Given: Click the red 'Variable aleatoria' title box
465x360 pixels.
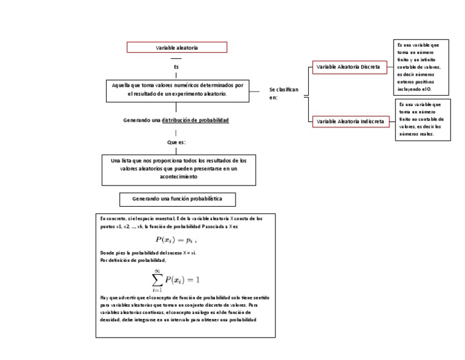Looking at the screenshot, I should coord(177,47).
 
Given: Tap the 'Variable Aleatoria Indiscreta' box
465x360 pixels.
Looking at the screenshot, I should coord(351,121).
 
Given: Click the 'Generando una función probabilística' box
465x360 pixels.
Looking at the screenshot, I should coord(177,199).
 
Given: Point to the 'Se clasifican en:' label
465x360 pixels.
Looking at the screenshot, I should coord(283,93).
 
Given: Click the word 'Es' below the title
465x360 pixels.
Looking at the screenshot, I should coord(176,67).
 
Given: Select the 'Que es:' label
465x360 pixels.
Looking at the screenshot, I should coord(176,142).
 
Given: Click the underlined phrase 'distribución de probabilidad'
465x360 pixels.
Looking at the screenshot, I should coord(195,120).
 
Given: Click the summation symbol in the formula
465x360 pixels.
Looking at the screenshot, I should coord(156,279).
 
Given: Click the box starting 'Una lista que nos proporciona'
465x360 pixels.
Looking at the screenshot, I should coord(178,168).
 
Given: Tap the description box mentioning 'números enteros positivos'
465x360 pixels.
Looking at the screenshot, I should coord(422,67).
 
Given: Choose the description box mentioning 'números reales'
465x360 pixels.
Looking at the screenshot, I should coord(423,120).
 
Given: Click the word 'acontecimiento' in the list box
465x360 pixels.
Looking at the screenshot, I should coord(178,176).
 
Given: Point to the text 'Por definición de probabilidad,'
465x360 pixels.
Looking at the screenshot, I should coord(132,259).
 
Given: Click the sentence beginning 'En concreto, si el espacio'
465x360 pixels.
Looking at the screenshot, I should coord(181,218).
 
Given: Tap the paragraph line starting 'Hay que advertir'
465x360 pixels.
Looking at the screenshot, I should coord(184,298).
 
